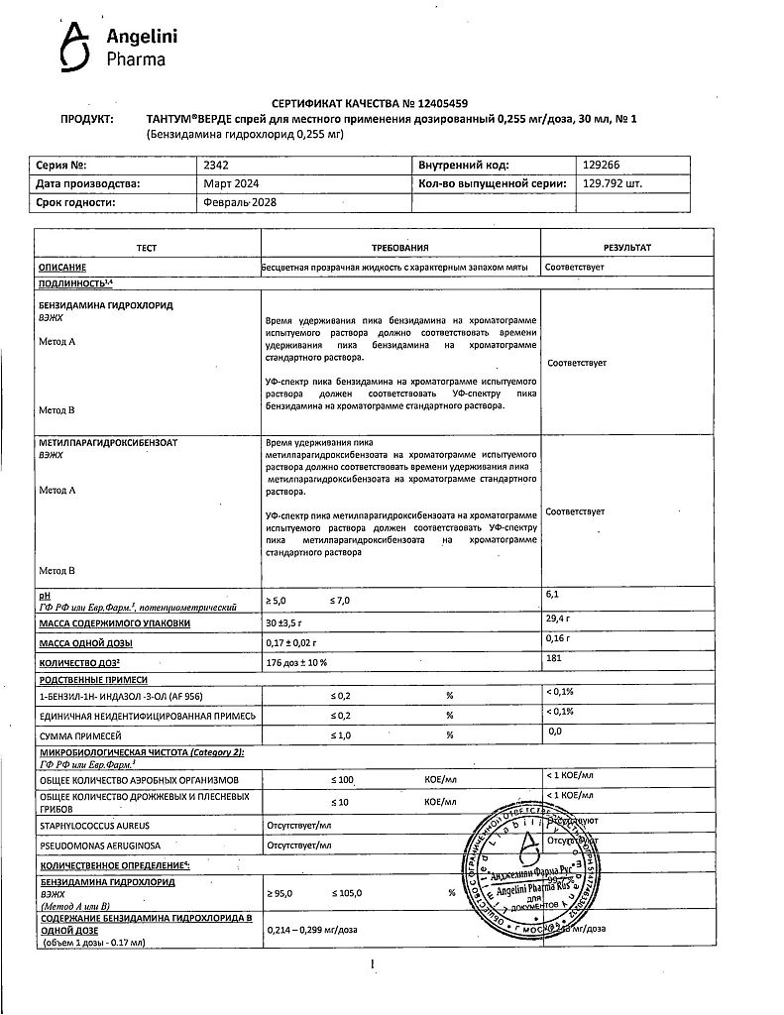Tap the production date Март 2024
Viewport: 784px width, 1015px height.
point(230,183)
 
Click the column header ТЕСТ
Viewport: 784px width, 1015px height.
point(148,247)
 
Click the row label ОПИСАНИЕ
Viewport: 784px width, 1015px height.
point(62,268)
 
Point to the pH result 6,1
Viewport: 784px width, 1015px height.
point(553,594)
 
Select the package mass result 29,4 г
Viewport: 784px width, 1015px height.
point(559,619)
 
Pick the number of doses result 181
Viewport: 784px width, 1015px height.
point(554,659)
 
